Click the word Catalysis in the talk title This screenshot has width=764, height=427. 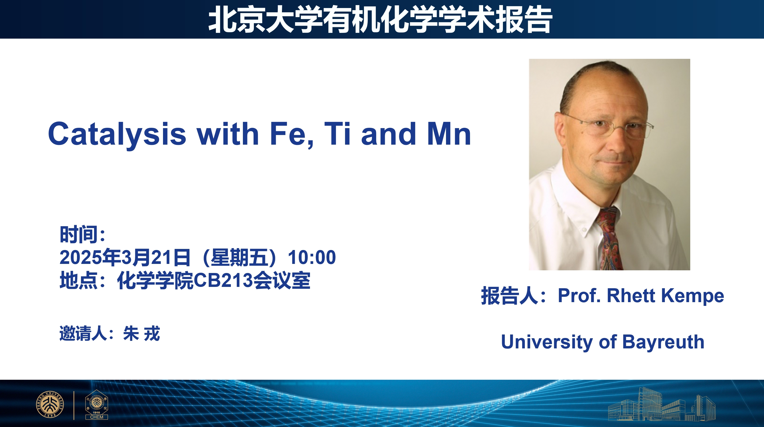(x=117, y=134)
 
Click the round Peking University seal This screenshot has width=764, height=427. (x=49, y=404)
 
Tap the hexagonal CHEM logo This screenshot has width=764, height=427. (x=96, y=405)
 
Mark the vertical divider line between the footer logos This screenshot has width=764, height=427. (x=74, y=405)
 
